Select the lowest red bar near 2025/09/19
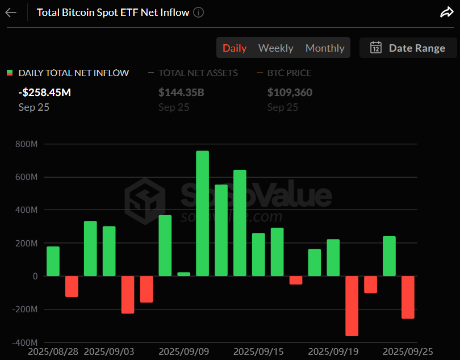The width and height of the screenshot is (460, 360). pos(352,305)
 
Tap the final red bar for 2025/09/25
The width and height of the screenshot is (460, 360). pos(408,297)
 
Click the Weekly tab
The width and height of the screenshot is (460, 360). pos(275,48)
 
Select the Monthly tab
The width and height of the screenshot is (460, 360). pos(325,48)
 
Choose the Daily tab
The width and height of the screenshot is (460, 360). pos(235,48)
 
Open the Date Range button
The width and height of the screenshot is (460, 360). pos(408,48)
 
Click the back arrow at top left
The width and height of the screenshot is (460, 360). pos(11,12)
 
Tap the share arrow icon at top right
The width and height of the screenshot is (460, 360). pos(446,12)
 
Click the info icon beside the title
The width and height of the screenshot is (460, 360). pos(198,12)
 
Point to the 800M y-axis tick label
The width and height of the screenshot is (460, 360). pos(27,144)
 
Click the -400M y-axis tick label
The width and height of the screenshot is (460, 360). pos(26,343)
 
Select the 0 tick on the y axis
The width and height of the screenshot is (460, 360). pos(35,277)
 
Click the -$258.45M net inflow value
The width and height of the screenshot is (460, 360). pos(45,93)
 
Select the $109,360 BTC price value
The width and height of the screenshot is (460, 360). pos(290,93)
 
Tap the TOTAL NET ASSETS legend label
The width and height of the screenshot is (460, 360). pos(198,73)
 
